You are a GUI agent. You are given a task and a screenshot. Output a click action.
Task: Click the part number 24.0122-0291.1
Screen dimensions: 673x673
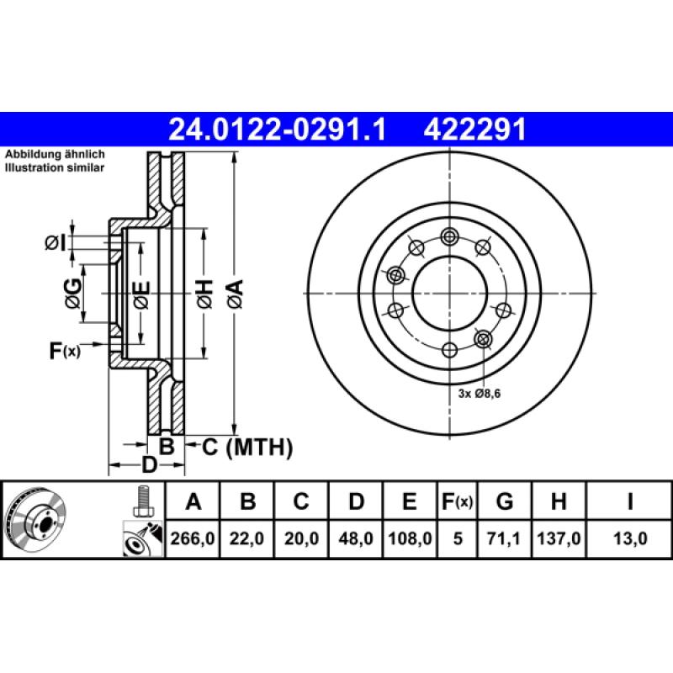point(277,130)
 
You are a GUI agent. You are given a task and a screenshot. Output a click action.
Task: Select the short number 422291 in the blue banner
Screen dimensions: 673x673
point(475,130)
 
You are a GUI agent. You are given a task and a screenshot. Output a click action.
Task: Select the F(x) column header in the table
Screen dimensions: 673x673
point(458,502)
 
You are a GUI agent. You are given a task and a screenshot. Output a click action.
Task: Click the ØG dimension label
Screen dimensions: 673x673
point(74,292)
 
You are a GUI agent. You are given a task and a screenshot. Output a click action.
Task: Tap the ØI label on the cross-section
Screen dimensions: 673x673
point(55,243)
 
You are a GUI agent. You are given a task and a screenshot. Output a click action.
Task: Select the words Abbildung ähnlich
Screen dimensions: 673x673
point(55,156)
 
